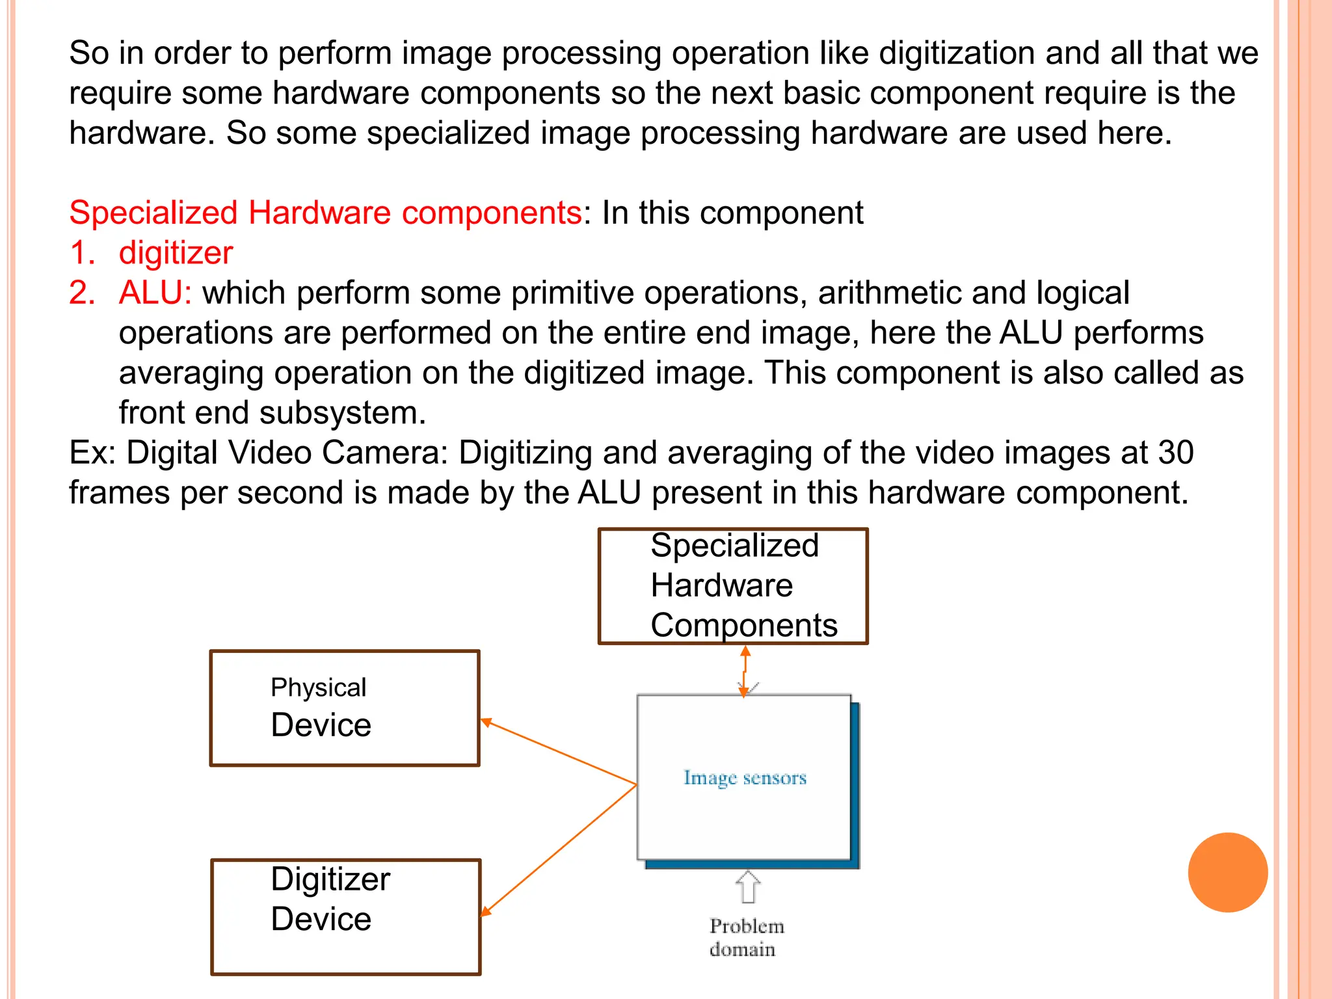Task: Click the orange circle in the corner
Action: (1227, 872)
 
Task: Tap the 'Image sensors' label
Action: (745, 778)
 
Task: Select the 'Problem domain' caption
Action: (745, 937)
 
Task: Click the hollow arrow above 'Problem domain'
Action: (748, 886)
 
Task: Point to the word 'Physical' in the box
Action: (318, 688)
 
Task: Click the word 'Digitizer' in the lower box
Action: (330, 879)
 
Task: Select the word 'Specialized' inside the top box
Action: (734, 545)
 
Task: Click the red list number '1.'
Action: (82, 252)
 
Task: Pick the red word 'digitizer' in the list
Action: (176, 252)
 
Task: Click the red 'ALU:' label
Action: (155, 293)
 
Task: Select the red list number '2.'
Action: (82, 293)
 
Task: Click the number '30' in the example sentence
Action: (1175, 453)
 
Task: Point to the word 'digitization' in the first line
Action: (957, 53)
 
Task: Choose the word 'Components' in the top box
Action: (743, 626)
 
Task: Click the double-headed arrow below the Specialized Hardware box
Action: (745, 671)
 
